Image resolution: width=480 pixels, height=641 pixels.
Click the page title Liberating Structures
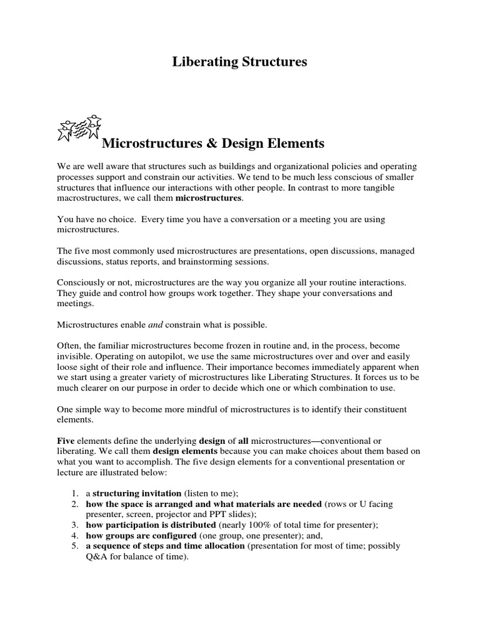(x=239, y=63)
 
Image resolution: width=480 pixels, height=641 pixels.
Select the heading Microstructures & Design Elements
(x=213, y=143)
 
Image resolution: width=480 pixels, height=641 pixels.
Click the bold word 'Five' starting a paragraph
(x=66, y=441)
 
